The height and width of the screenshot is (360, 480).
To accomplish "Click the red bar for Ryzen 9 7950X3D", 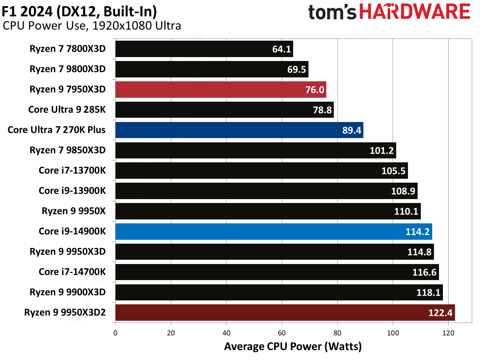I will pos(220,90).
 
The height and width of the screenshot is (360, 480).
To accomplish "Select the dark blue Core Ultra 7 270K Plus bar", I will pos(239,130).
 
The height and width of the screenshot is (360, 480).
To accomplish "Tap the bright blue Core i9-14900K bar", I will pos(274,232).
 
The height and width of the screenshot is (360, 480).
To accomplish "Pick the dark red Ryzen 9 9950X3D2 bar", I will pos(285,313).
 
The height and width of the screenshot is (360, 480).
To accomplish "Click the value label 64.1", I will pos(281,49).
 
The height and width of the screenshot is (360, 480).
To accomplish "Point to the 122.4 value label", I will pos(440,313).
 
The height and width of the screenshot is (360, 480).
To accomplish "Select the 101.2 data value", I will pos(381,151).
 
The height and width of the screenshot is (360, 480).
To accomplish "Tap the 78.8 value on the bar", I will pos(322,110).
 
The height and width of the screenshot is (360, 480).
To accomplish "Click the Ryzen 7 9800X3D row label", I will pos(67,69).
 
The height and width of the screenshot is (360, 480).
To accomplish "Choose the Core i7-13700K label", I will pos(72,171).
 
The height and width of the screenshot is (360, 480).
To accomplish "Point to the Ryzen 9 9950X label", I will pos(73,211).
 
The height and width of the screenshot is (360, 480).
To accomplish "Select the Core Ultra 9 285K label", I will pos(67,110).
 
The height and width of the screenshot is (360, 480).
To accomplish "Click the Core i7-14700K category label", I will pos(72,272).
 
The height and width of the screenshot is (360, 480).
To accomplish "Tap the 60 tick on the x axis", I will pos(282,333).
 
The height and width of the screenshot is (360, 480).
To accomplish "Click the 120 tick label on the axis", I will pos(448,333).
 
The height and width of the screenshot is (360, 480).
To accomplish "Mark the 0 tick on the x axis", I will pos(115,333).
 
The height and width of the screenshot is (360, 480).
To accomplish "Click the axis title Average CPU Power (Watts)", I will pos(293,346).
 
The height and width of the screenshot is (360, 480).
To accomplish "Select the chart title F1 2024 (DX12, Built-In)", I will pos(79,11).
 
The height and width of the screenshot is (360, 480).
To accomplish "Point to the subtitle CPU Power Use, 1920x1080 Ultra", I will pos(92,26).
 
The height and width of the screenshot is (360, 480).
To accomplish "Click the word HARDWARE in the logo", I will pos(415,12).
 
